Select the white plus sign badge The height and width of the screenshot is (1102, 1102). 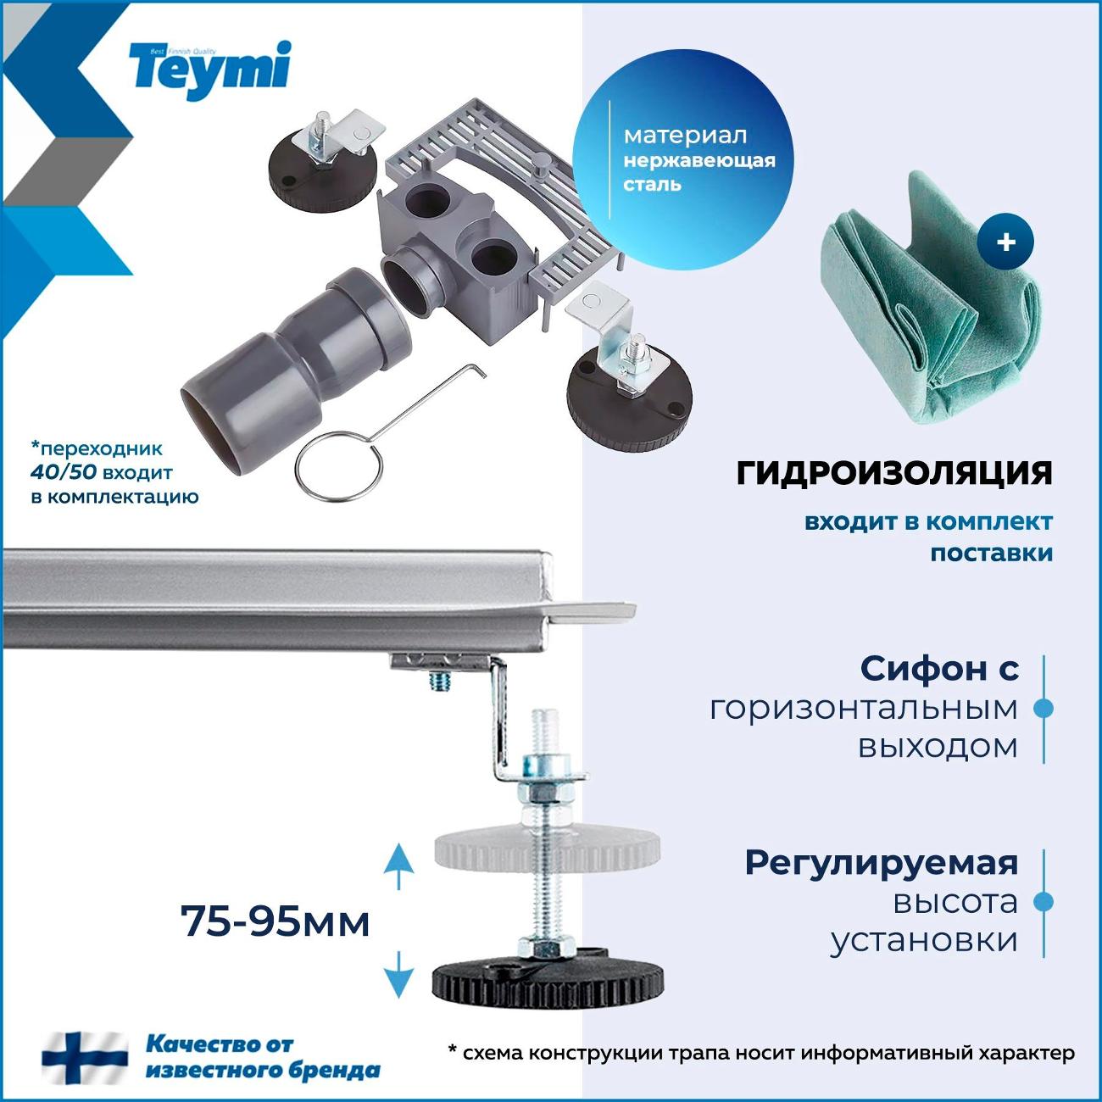coord(1005,242)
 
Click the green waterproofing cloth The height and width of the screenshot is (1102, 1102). coord(924,297)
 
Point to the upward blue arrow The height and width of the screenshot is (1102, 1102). coord(398,865)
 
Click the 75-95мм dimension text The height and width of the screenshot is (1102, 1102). coord(275,921)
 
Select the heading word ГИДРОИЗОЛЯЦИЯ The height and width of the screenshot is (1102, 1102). coord(894,473)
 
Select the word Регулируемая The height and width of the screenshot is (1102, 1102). coord(881,863)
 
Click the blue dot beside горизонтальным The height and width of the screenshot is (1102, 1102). coord(1044,708)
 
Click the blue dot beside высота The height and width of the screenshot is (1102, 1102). coord(1044,903)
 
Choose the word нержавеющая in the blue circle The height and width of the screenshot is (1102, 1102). coord(699,160)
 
